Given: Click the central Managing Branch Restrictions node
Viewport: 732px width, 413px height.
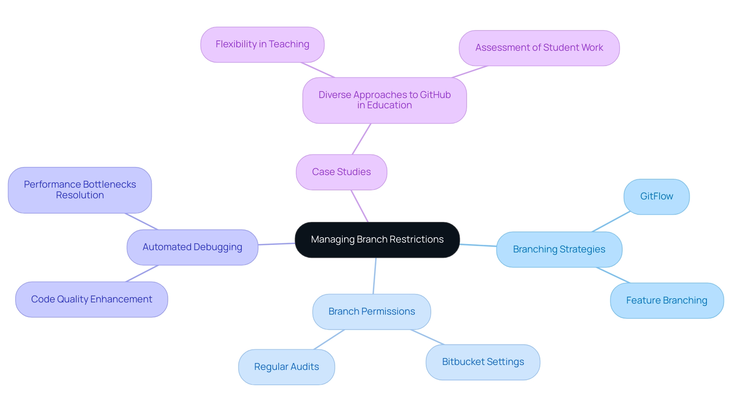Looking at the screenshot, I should click(377, 240).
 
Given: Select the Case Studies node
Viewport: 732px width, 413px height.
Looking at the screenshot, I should click(341, 172).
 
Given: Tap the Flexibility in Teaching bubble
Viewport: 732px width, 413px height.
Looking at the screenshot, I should click(262, 45).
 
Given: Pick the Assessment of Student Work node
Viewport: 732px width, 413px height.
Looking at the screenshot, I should click(539, 48).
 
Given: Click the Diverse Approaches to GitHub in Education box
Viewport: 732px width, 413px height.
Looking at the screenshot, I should click(384, 100).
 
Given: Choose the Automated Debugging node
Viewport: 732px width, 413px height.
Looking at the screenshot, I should click(192, 247).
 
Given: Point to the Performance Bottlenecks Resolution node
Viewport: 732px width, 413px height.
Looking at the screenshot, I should click(80, 190).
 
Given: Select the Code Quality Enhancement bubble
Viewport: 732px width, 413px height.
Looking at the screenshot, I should click(91, 299).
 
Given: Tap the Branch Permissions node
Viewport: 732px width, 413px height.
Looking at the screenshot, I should click(371, 312).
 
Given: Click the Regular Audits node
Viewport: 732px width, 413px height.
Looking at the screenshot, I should click(286, 367).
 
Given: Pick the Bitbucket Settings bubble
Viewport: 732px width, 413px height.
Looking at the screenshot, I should click(483, 362).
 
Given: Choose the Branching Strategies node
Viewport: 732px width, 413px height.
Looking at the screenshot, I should click(559, 249).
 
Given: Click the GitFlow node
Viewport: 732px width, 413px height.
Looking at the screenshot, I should click(656, 197).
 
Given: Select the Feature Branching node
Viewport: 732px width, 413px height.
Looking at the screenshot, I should click(666, 301).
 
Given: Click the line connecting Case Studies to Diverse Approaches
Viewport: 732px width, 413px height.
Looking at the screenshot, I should click(361, 139).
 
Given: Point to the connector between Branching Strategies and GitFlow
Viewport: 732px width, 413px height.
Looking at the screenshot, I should click(611, 222).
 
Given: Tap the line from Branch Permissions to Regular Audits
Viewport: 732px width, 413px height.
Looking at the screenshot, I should click(329, 339).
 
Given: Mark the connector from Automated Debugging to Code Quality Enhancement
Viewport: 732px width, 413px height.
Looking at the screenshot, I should click(142, 273).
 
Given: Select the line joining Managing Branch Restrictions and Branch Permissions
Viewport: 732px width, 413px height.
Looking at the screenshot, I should click(374, 276).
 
